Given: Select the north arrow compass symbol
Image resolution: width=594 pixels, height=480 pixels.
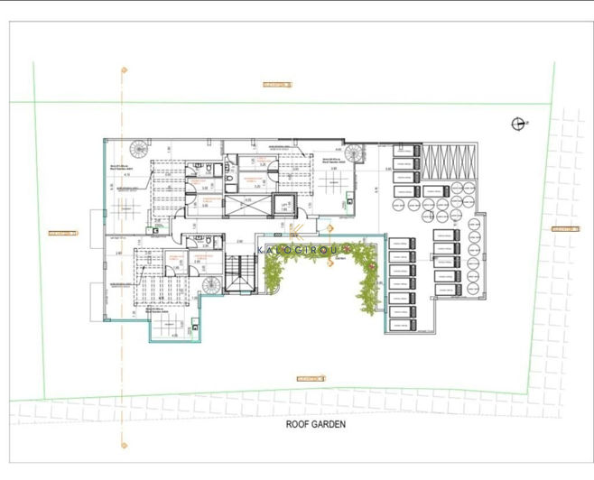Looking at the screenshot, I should click(517, 124).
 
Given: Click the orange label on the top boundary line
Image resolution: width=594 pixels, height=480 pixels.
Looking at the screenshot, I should click(278, 85).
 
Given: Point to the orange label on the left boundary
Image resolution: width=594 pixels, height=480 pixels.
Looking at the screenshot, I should click(62, 233).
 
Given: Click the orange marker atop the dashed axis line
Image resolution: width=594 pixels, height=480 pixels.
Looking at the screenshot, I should click(124, 69).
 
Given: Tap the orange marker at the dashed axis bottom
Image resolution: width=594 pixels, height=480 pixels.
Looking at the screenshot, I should click(124, 444).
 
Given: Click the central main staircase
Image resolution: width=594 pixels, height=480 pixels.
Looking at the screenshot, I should click(240, 273).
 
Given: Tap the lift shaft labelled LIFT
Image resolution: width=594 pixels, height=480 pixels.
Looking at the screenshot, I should click(283, 207).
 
